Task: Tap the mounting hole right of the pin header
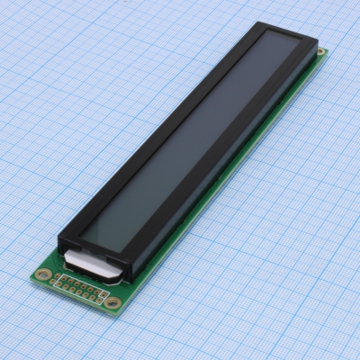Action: [112, 303]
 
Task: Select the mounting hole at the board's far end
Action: [319, 52]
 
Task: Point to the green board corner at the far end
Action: [327, 51]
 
